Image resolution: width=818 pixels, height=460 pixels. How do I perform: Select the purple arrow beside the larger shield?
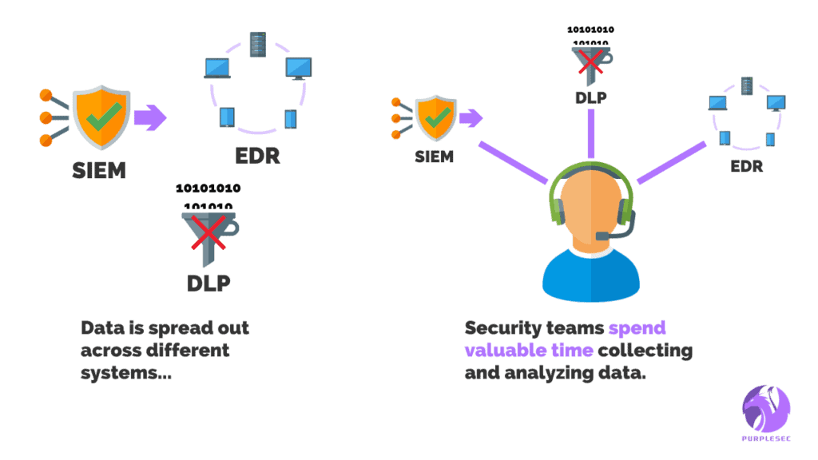[149, 119]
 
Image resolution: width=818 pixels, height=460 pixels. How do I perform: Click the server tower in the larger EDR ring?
[257, 44]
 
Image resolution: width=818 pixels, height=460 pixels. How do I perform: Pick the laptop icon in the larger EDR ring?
[216, 69]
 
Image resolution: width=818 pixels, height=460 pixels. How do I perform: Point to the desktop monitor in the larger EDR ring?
[298, 68]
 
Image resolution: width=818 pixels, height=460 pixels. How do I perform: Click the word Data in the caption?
[101, 328]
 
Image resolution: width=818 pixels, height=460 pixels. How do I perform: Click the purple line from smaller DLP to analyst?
[591, 133]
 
